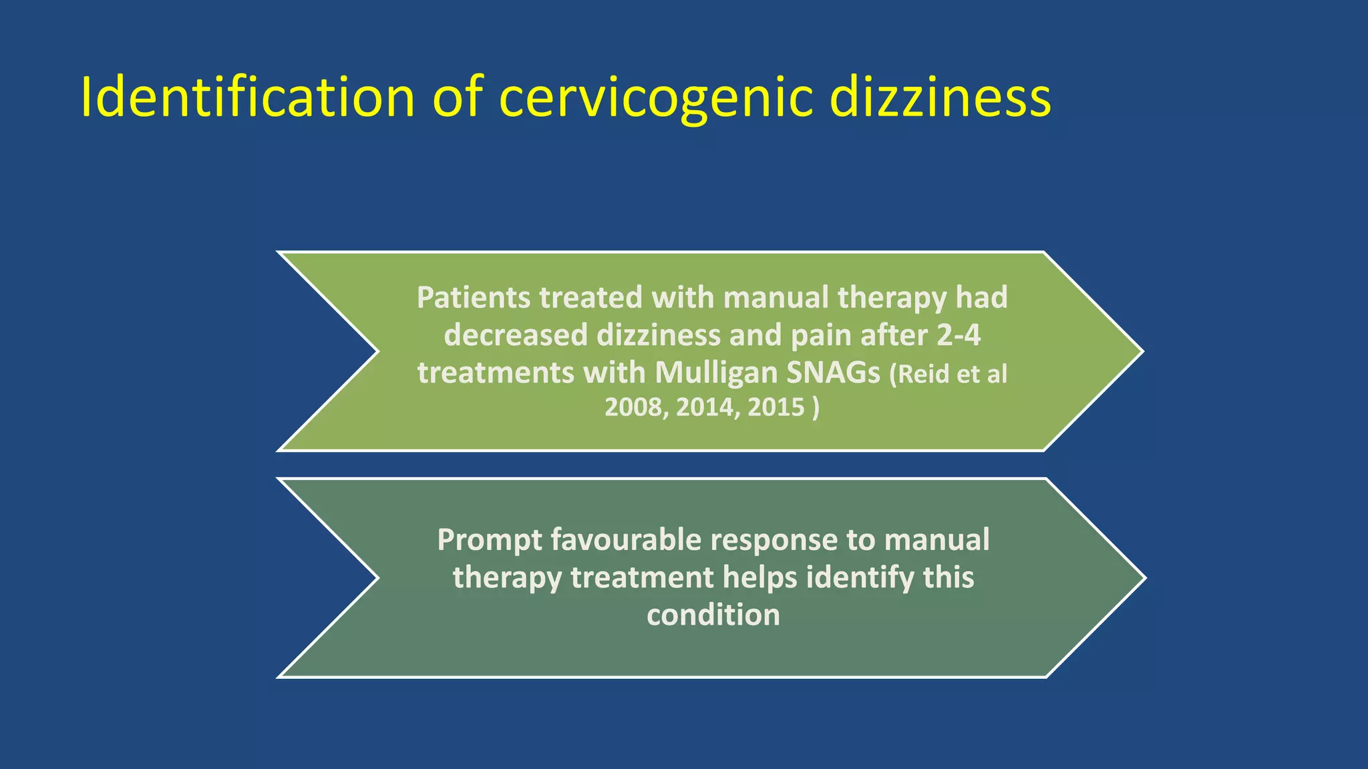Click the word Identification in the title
point(247,97)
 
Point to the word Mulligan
point(715,372)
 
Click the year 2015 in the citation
point(776,407)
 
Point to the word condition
point(713,615)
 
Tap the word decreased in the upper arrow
point(516,335)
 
